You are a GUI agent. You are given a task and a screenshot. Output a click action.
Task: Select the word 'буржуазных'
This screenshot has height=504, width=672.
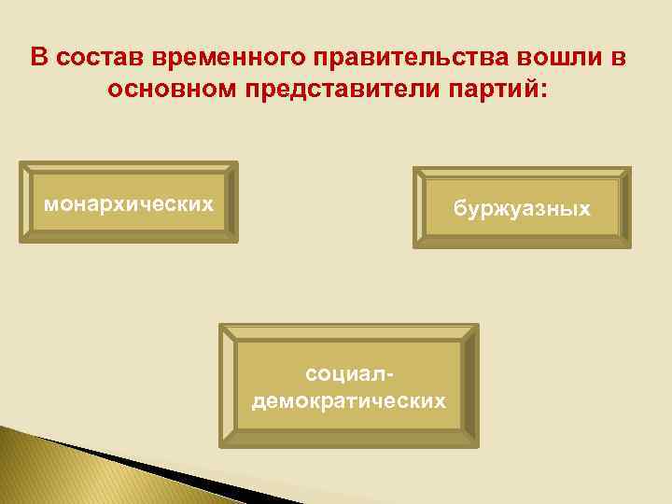pyautogui.click(x=522, y=208)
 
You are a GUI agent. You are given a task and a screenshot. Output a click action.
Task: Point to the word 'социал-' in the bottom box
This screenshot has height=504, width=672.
pyautogui.click(x=348, y=375)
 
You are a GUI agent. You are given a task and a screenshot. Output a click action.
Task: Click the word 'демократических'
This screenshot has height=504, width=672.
pyautogui.click(x=348, y=401)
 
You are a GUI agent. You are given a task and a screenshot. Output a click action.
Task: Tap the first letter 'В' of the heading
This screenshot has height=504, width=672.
pyautogui.click(x=37, y=58)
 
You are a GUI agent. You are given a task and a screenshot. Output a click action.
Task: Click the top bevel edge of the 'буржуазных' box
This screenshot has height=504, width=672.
pyautogui.click(x=522, y=173)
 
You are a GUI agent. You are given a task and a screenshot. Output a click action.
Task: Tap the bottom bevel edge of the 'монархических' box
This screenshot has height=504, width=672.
pyautogui.click(x=129, y=237)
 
